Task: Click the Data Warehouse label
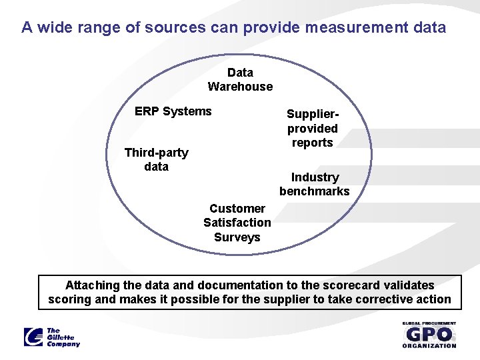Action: (x=240, y=79)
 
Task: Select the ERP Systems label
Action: (x=173, y=111)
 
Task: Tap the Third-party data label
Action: (x=156, y=159)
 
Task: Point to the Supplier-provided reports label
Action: (x=312, y=129)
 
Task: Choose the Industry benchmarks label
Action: (x=315, y=184)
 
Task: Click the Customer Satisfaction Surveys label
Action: (x=237, y=223)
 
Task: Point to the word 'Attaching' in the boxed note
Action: (x=93, y=285)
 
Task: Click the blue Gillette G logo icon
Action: (x=33, y=337)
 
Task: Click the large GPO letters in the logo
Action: (x=429, y=335)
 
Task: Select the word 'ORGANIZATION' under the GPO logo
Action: (x=429, y=345)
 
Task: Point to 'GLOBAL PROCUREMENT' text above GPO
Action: (x=429, y=323)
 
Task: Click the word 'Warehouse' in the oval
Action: (x=240, y=87)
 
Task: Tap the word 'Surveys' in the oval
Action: (x=237, y=237)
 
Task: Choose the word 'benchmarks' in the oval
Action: (x=315, y=191)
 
